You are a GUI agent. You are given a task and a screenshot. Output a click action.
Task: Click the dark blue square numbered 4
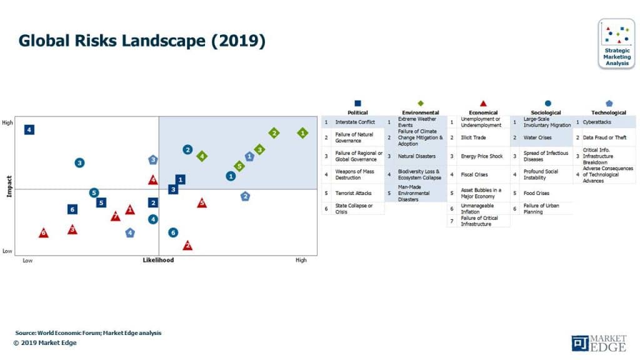(x=29, y=129)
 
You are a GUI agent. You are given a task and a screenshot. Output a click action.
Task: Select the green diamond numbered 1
(x=302, y=132)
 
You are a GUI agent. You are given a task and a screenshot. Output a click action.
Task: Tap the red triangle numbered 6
(x=43, y=233)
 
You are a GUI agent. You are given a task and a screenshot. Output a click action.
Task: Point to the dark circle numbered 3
(x=79, y=162)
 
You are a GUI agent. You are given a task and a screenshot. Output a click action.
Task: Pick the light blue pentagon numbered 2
(x=245, y=196)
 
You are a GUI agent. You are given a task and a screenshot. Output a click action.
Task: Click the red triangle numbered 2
(x=187, y=246)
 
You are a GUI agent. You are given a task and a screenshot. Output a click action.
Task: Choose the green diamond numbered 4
(x=202, y=156)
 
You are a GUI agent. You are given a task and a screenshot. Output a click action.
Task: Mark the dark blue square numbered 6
(x=72, y=209)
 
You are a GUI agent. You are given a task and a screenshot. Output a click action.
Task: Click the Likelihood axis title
(x=158, y=260)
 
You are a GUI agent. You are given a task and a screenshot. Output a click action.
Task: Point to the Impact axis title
(x=9, y=186)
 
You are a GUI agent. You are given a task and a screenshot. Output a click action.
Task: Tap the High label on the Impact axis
(x=7, y=122)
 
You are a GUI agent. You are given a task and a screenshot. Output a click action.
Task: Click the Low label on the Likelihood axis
(x=27, y=260)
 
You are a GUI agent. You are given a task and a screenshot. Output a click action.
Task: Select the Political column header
(x=357, y=112)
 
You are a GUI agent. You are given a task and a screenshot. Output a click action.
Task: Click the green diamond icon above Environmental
(x=421, y=103)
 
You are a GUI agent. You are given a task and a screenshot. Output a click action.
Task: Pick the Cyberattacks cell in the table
(x=597, y=122)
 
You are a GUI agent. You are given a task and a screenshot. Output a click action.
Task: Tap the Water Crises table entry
(x=537, y=137)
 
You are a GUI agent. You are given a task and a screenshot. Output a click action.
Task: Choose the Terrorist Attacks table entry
(x=353, y=193)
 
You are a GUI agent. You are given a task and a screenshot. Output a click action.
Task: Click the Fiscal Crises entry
(x=475, y=174)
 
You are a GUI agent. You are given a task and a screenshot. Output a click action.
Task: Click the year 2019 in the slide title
(x=239, y=41)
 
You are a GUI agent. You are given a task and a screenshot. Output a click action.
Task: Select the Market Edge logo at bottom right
(x=598, y=343)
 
